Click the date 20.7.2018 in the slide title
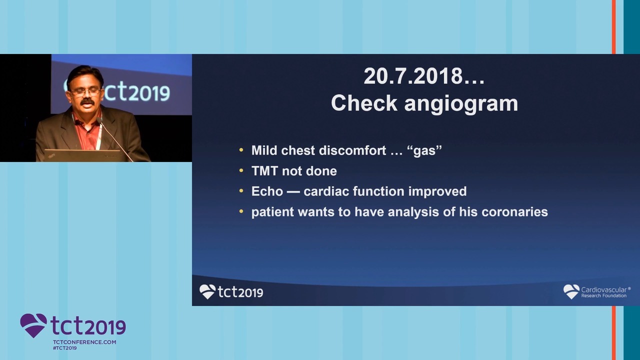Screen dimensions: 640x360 pos(413,76)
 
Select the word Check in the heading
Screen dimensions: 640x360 pos(364,103)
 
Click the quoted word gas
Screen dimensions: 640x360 pos(427,150)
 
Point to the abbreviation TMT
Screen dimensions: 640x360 pos(264,171)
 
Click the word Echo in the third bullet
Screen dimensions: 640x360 pos(267,191)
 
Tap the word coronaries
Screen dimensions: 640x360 pos(514,212)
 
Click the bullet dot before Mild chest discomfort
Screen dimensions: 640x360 pos(241,149)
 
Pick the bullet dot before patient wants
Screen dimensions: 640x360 pos(241,211)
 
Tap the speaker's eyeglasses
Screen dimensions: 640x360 pos(85,91)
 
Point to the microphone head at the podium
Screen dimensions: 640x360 pos(99,120)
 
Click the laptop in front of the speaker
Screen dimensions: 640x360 pos(83,155)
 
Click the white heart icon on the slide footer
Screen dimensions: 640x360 pos(207,291)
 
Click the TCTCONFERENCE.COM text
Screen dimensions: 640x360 pos(84,342)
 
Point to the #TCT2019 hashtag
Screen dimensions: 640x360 pos(65,348)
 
